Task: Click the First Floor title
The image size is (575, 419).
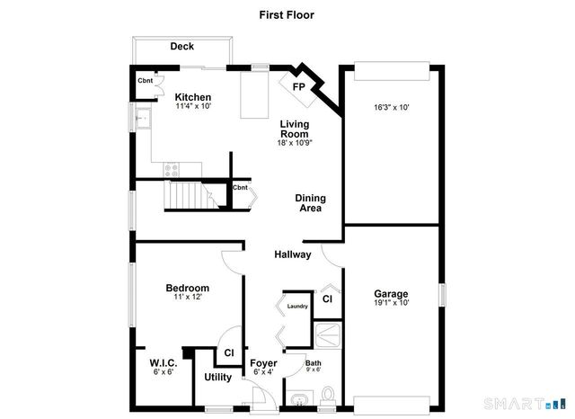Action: pos(287,14)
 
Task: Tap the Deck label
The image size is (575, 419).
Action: pos(182,47)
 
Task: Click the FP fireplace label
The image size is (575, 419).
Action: pos(298,88)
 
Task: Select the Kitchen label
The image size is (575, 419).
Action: pos(193,97)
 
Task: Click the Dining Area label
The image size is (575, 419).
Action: pos(311,203)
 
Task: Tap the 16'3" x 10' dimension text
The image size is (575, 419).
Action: pos(392,107)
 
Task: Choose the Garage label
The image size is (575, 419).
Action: pos(392,293)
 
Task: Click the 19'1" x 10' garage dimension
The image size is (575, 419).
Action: pos(392,303)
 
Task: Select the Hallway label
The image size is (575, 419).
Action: pos(293,254)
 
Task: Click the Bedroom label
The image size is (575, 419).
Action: pos(187,288)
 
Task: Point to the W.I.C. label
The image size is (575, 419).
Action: pos(164,362)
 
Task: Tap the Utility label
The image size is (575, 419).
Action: pos(218,377)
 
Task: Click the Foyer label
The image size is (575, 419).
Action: pos(263,362)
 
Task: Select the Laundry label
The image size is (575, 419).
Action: pos(297,307)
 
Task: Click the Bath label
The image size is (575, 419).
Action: pos(314,363)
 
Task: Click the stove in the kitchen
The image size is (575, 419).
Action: pos(172,167)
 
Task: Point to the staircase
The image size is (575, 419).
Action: pos(186,194)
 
